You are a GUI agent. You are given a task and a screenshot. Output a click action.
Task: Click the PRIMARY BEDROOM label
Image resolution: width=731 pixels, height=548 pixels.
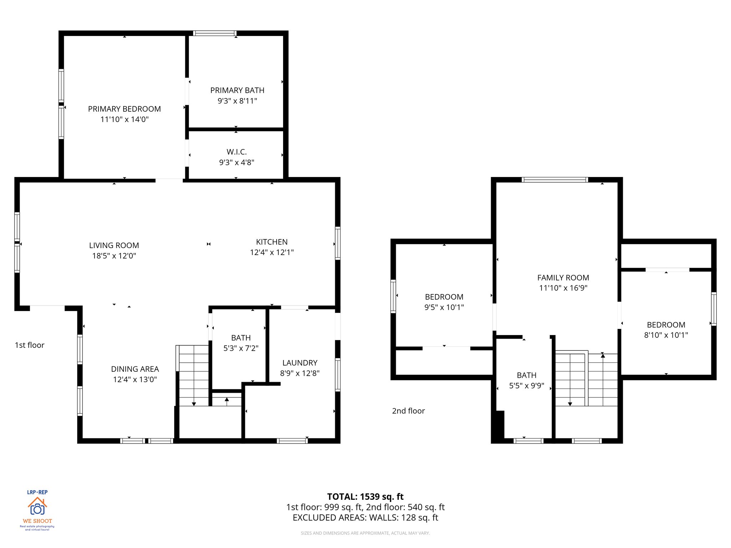coord(124,109)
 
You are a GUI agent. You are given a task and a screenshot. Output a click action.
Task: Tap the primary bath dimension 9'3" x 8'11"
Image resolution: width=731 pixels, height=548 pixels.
coord(237,101)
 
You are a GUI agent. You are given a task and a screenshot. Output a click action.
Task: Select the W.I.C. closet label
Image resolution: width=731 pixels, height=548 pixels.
coord(237,152)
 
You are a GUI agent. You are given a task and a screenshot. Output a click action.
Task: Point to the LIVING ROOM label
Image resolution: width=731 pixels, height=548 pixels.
coord(114,245)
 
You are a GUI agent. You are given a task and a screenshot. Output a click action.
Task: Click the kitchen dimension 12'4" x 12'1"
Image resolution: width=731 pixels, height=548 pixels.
coord(272,252)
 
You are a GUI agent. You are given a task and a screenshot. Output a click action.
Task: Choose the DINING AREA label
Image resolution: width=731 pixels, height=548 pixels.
coord(135,369)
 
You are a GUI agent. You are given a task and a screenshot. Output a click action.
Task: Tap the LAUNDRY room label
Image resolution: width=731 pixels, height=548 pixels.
coord(300,363)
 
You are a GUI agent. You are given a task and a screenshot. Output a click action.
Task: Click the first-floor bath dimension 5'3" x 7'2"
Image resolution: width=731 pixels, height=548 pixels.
coord(241,348)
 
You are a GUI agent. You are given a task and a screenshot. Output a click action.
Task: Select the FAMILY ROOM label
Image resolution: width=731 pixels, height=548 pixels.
coord(563,278)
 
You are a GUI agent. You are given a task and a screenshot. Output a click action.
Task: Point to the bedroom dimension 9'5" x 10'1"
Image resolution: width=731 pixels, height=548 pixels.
coord(444,307)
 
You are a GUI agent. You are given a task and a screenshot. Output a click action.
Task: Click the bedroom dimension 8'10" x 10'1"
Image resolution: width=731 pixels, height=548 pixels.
coord(666,335)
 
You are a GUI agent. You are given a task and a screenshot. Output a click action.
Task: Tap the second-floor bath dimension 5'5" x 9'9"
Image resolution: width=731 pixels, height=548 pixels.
coord(526,386)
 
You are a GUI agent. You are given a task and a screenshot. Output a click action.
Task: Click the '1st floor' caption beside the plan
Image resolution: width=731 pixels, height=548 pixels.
coord(30,345)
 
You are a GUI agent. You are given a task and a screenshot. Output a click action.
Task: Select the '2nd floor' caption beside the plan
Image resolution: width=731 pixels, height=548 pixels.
coord(408,411)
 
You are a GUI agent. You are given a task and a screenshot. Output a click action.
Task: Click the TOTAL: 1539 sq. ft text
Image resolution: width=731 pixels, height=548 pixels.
coord(365,497)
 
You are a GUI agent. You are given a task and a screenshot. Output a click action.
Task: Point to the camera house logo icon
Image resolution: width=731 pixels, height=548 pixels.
coord(37,506)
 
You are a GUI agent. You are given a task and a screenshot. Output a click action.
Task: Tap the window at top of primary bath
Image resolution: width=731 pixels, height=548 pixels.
coord(215,33)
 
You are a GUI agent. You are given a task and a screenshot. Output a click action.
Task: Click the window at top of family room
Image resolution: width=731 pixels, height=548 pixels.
coord(555,179)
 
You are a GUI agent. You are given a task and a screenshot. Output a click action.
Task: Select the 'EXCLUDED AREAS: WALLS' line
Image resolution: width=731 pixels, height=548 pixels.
coord(365,518)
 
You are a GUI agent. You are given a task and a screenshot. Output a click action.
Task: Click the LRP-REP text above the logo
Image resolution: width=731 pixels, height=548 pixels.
coord(37,492)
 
